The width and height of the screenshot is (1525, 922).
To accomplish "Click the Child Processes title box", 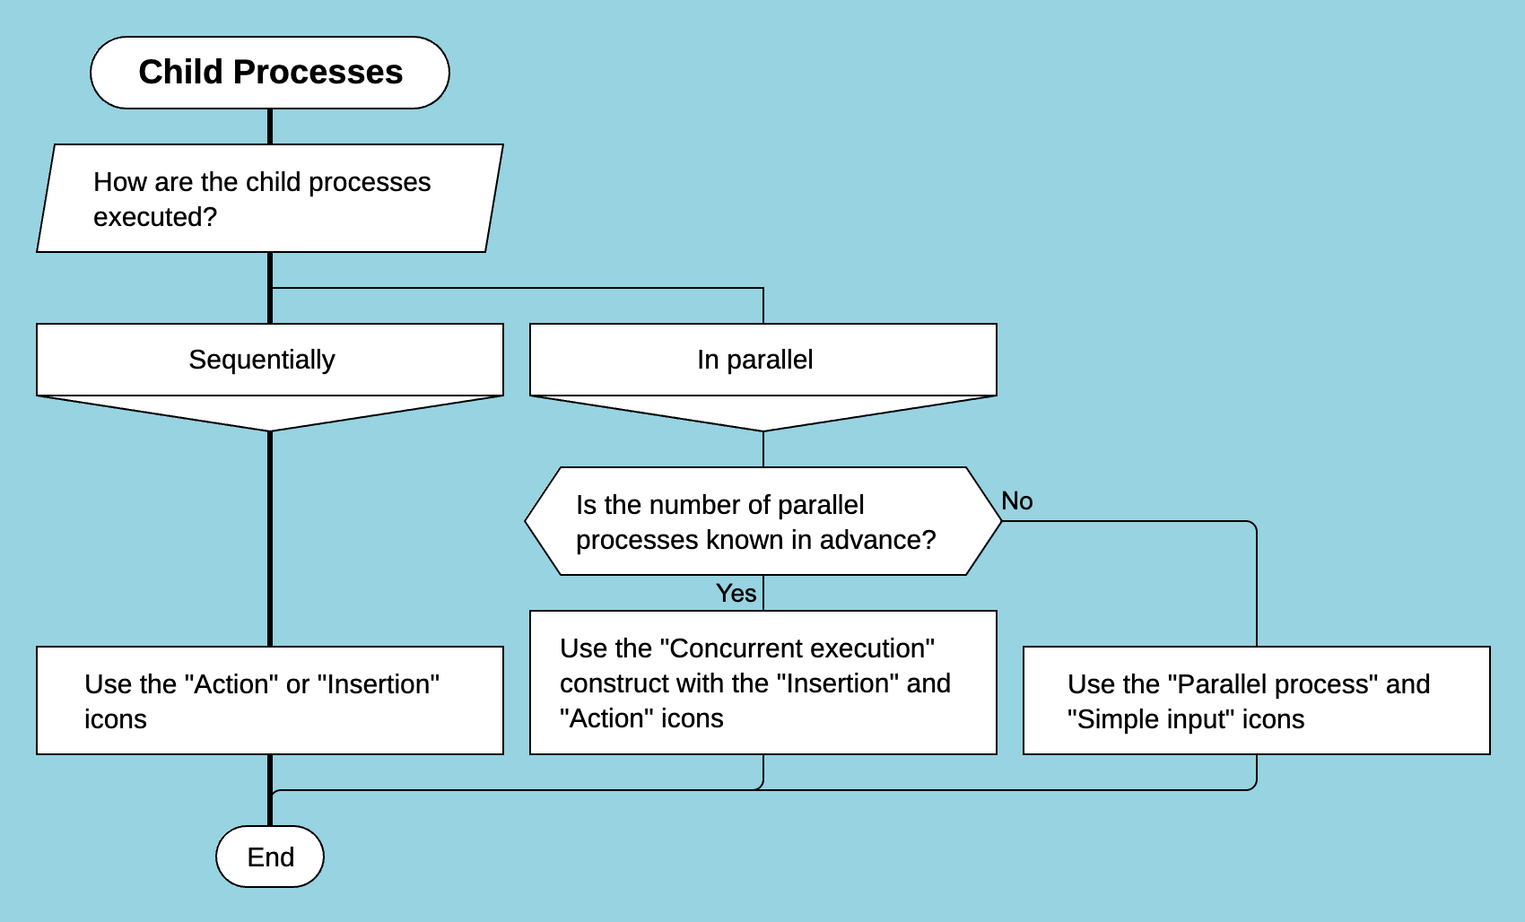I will point(269,73).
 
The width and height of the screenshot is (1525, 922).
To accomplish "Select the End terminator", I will point(269,857).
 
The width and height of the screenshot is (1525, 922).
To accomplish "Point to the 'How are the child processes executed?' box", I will point(269,198).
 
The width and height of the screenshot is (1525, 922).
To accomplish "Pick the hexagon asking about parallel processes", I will point(762,521).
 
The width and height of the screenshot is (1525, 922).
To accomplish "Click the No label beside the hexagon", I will point(1016,501).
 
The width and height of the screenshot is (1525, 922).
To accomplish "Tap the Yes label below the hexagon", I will point(736,593).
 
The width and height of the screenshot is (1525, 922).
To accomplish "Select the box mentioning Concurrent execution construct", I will point(762,683).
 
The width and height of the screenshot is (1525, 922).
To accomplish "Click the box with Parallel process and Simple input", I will point(1256,700).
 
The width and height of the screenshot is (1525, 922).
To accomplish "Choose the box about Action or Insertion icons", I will point(269,700).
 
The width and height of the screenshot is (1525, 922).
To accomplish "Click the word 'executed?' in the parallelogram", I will point(155,217).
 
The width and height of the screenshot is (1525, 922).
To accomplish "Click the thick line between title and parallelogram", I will point(269,126).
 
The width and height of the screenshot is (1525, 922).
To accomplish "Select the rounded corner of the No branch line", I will point(1252,525).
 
